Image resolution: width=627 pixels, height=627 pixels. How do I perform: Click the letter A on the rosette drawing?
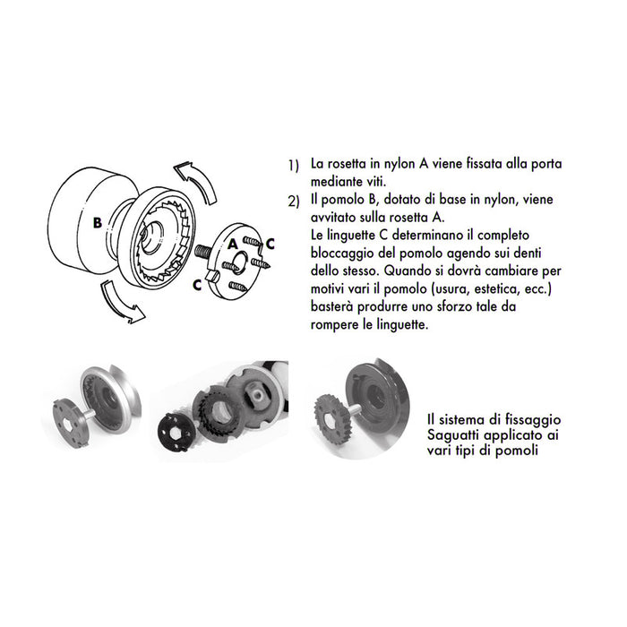[x=231, y=243]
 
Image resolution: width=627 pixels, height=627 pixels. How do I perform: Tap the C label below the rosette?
[x=196, y=284]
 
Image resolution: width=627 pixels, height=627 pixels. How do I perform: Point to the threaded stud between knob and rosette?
[x=202, y=253]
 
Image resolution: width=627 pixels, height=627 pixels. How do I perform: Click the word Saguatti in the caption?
[x=454, y=434]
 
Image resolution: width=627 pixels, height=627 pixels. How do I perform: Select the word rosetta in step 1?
[x=346, y=166]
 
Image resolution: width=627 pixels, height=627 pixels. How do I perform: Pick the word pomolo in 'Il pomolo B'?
[x=341, y=199]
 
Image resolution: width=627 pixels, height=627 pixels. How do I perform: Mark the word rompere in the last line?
[x=335, y=326]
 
